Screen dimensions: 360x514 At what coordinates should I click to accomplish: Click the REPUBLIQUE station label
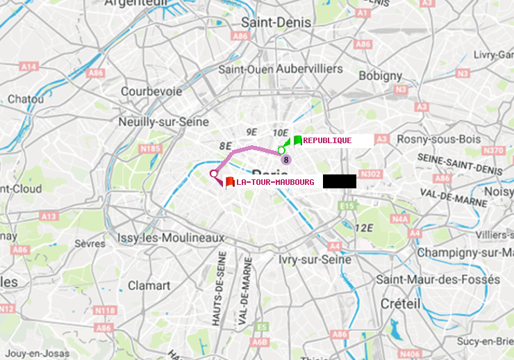(x=327, y=140)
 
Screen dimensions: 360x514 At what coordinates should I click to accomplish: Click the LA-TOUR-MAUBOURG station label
(x=275, y=182)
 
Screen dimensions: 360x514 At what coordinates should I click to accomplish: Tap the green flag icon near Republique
(x=297, y=140)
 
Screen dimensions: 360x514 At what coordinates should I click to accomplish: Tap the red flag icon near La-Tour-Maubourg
(x=229, y=182)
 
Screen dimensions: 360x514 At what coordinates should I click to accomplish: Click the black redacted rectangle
(x=339, y=181)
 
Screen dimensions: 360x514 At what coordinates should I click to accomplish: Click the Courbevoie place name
(x=151, y=91)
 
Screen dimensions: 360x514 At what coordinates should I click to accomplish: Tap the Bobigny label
(x=380, y=75)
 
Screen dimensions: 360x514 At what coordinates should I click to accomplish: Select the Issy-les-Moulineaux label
(x=171, y=238)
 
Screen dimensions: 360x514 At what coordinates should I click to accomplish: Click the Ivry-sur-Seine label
(x=315, y=259)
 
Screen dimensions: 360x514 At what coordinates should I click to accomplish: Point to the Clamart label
(x=149, y=286)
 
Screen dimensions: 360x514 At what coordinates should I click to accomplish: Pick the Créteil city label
(x=400, y=304)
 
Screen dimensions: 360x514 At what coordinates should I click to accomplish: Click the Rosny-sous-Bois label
(x=438, y=139)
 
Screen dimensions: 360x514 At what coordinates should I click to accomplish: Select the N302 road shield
(x=372, y=174)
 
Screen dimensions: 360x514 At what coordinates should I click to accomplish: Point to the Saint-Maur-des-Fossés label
(x=438, y=279)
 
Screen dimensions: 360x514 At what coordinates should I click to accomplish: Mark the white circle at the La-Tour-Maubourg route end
(x=213, y=174)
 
